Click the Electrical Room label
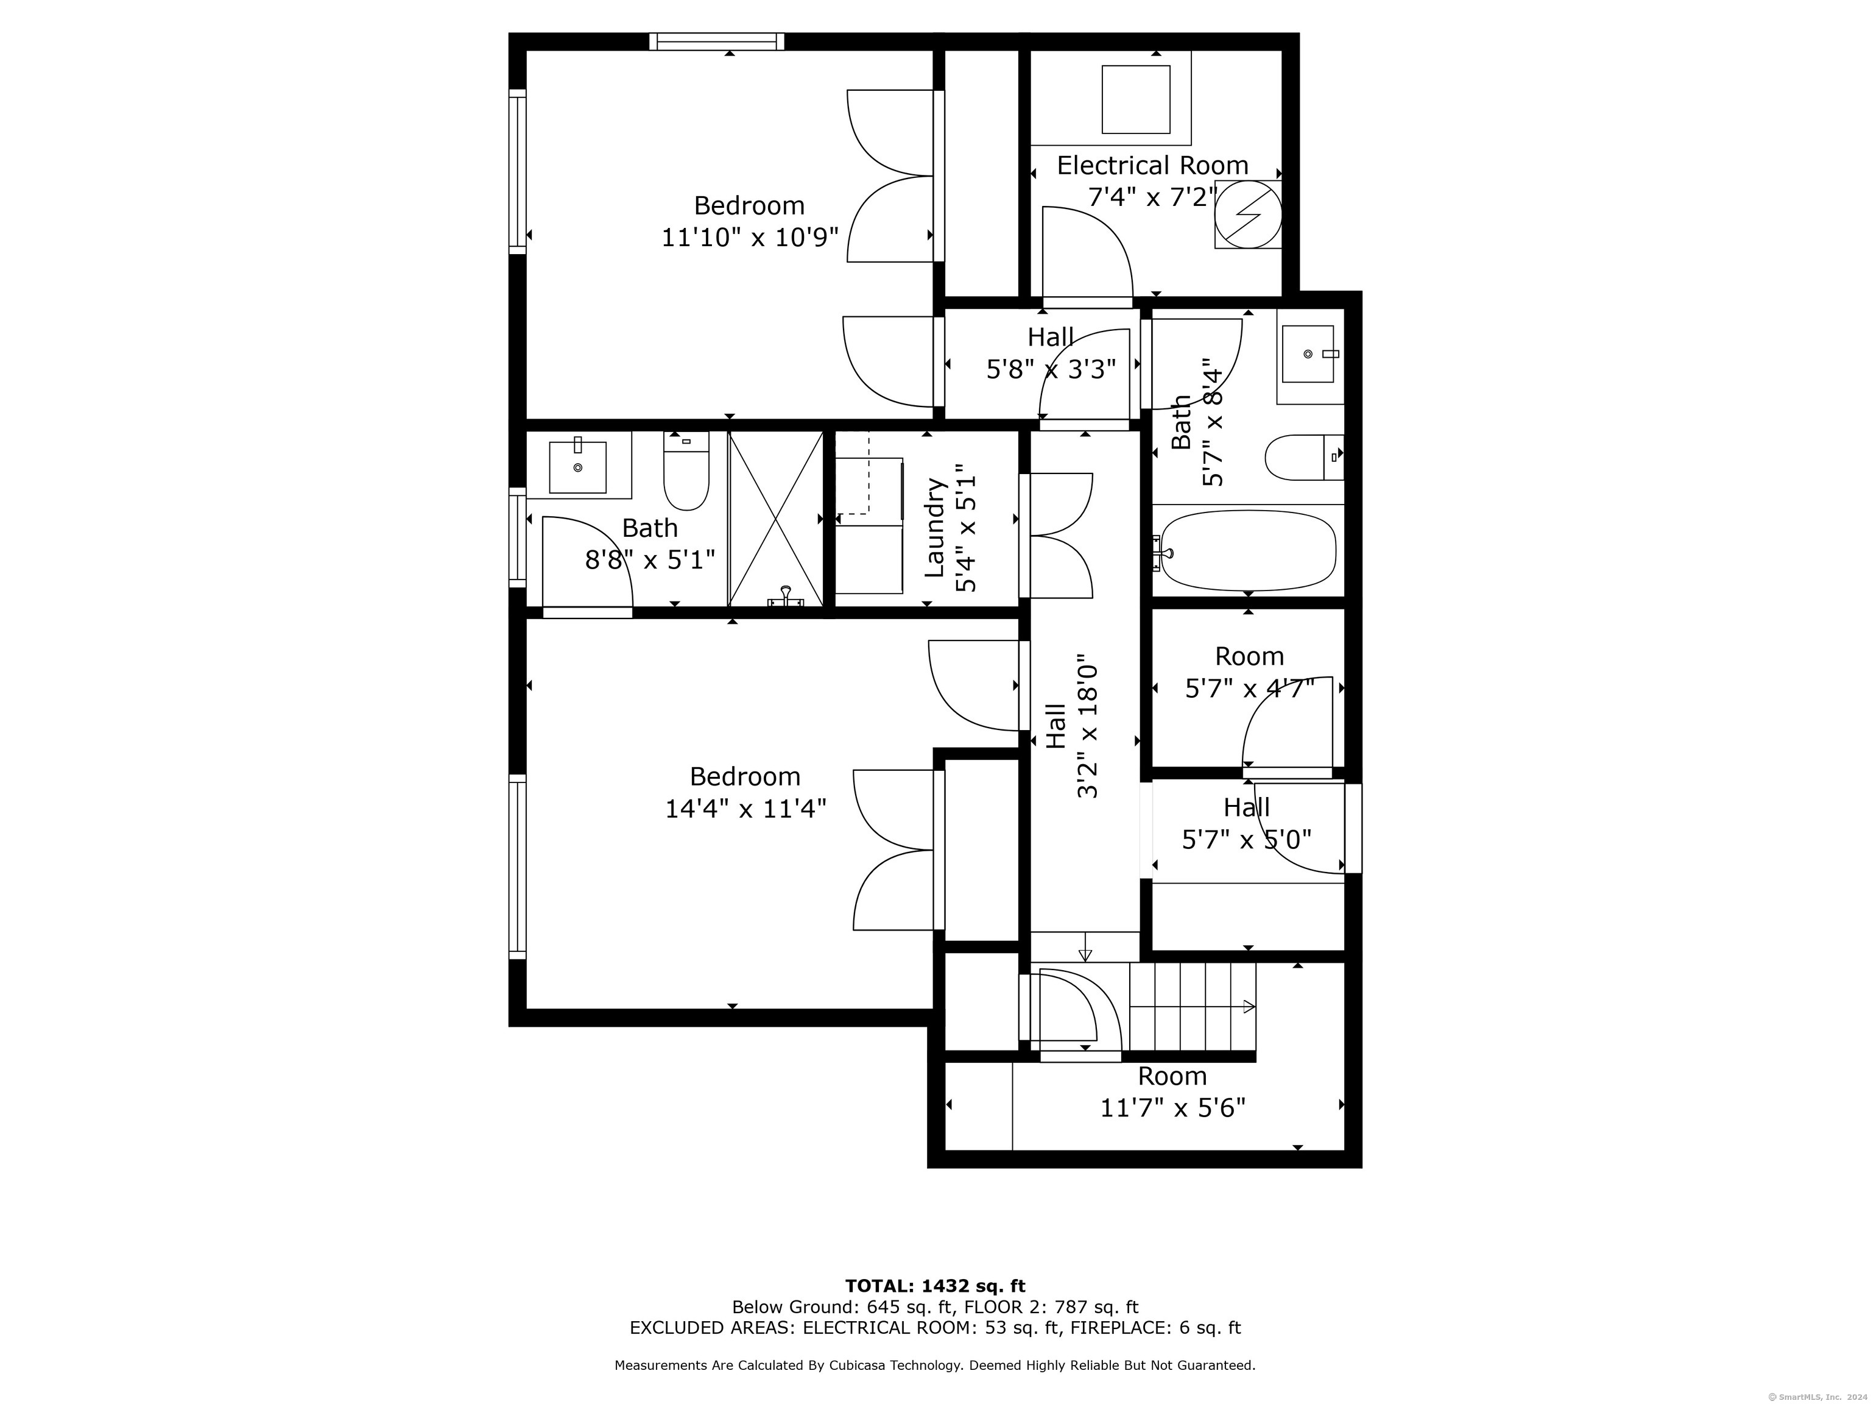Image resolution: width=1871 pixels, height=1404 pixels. [1152, 165]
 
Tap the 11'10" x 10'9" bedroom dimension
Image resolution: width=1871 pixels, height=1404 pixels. [749, 237]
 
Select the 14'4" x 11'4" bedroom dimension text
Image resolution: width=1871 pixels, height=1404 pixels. [745, 808]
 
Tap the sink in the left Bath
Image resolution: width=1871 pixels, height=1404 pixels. [578, 466]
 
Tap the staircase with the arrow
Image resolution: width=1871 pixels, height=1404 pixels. [1193, 1007]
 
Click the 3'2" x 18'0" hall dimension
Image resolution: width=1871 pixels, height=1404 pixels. [1087, 729]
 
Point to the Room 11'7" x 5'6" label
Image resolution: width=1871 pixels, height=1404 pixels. [1172, 1092]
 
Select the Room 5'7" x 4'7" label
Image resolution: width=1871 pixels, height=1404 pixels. [1249, 672]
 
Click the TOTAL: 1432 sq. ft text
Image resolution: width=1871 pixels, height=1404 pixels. [935, 1286]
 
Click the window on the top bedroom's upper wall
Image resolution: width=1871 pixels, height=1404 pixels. [716, 41]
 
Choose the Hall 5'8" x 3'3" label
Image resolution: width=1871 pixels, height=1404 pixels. [1051, 353]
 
